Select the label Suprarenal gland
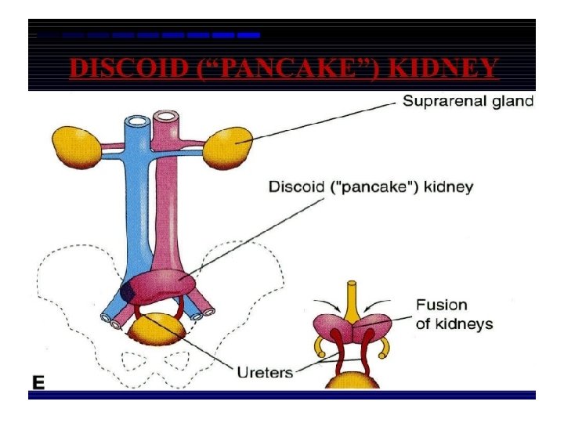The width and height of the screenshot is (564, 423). pos(468,101)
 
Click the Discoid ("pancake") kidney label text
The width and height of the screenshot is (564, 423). pos(371,187)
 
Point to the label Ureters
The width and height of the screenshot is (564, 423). pos(265,372)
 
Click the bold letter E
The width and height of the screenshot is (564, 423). pos(38,382)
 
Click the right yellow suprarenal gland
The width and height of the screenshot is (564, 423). pos(229,147)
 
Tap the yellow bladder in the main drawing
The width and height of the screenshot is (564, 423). pos(161,329)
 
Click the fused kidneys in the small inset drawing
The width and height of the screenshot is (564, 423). pos(352,329)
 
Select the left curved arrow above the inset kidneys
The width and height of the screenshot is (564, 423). pos(330,304)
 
